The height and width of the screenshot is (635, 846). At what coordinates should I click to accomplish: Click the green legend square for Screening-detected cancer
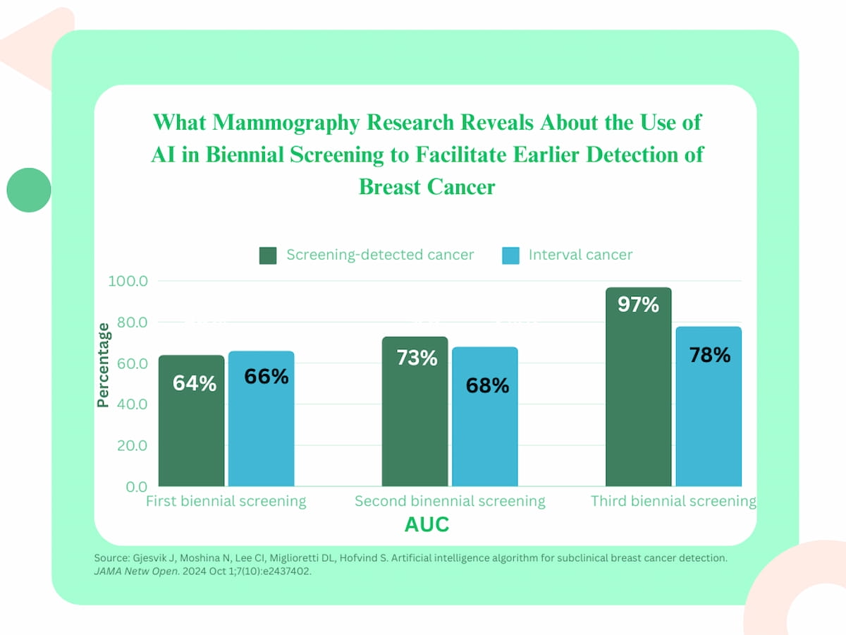[x=268, y=255]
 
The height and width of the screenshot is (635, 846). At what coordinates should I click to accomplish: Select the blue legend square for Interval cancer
[x=510, y=255]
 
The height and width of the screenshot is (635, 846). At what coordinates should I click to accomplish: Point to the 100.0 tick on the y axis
[x=128, y=282]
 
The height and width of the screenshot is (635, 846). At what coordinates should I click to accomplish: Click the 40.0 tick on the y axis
[x=128, y=405]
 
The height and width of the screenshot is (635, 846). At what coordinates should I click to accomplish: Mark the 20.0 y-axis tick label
[x=128, y=446]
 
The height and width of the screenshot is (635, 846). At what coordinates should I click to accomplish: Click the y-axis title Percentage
[x=103, y=365]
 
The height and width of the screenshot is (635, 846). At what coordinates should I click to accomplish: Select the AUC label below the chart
[x=427, y=525]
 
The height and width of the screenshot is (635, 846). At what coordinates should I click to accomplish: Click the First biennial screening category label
[x=226, y=502]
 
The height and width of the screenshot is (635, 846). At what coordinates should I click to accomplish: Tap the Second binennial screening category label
[x=450, y=502]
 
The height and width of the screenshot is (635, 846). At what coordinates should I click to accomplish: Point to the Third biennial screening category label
[x=673, y=502]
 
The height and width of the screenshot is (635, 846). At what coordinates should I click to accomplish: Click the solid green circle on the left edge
[x=29, y=190]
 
